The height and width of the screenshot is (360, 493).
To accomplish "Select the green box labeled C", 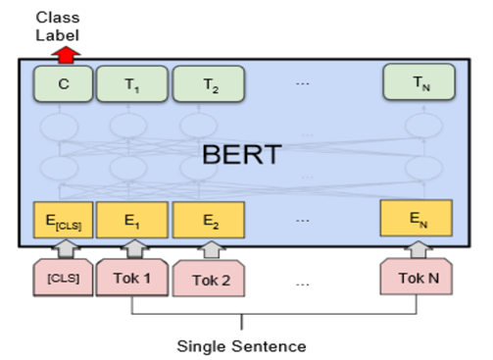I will pos(63,84).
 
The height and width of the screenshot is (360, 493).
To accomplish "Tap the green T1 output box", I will pos(130,84).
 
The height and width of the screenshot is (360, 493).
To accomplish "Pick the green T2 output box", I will pos(207,84).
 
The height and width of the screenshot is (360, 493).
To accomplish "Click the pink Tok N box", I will pos(417,277).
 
